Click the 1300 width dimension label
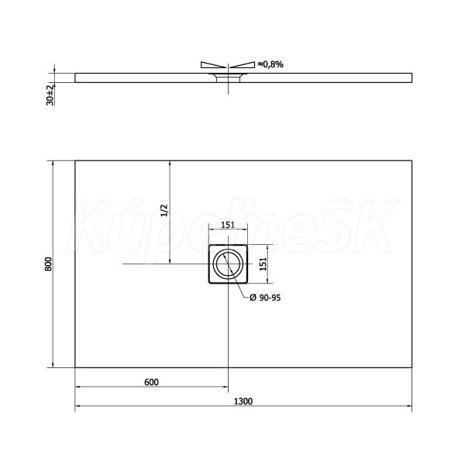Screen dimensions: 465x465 pos(243,401)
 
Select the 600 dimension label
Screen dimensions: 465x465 pos(151,382)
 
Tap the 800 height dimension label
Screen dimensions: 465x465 pos(48,264)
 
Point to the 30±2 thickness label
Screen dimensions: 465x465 pos(50,95)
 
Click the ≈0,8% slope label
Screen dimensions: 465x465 pos(270,64)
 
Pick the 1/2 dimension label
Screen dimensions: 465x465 pos(164,210)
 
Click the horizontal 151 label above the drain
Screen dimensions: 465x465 pos(228,225)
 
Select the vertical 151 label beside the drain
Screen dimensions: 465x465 pos(263,264)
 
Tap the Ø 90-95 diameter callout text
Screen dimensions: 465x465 pos(265,298)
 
